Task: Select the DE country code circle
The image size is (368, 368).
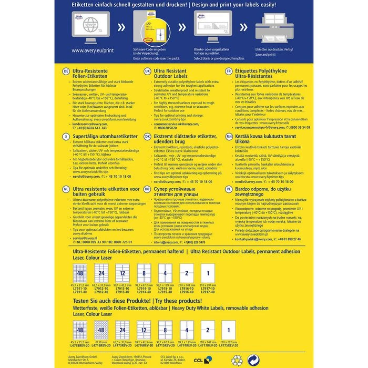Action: tap(66, 70)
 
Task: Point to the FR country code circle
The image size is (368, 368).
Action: tap(228, 70)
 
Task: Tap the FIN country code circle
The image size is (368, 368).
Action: tap(229, 136)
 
